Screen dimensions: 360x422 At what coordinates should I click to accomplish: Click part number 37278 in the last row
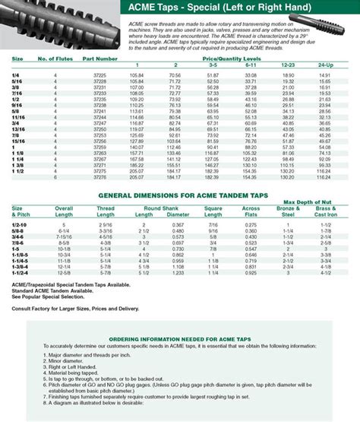coord(99,176)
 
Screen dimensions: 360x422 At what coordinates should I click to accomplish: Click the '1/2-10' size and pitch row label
coord(20,225)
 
